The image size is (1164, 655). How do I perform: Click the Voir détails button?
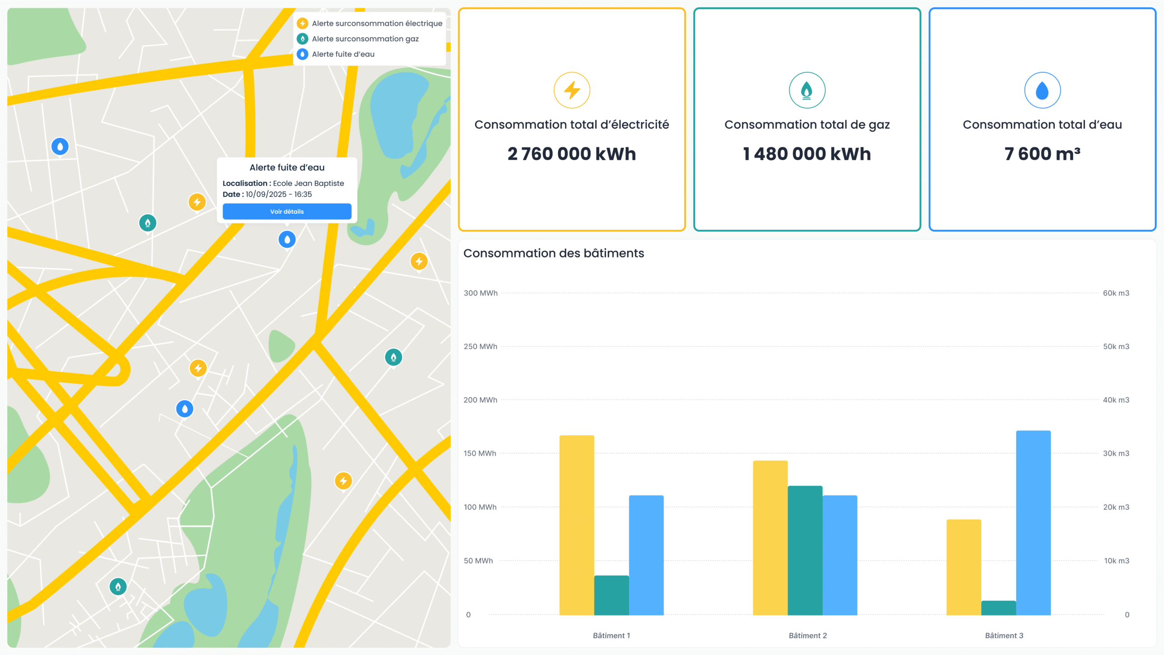[287, 212]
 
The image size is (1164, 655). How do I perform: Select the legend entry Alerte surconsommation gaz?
[365, 39]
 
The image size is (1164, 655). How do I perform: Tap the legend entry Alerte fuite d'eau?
[343, 54]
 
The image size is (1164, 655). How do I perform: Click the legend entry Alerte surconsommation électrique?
[376, 23]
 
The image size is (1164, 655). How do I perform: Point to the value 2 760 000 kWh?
[572, 154]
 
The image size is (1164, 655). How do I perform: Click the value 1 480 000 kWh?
[807, 154]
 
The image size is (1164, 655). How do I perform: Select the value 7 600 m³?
[1042, 154]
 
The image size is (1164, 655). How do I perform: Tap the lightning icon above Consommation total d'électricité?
[572, 90]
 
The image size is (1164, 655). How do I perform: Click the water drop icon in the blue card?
[1042, 90]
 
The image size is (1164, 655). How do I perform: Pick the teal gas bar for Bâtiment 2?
[805, 550]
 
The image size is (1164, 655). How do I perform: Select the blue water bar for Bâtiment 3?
[1033, 523]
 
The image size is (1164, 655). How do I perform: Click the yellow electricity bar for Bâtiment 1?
[577, 525]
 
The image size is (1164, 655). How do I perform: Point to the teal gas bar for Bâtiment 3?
[998, 608]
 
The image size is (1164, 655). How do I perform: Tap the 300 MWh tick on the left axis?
[480, 293]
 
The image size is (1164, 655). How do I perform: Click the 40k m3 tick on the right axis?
[1116, 400]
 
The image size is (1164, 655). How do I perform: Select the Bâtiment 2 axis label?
[808, 635]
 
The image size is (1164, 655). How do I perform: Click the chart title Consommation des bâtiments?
[553, 253]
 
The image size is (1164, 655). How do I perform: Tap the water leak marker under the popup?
[287, 239]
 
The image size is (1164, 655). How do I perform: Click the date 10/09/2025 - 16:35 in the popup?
[279, 194]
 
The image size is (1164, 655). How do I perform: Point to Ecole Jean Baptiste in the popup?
[308, 183]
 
